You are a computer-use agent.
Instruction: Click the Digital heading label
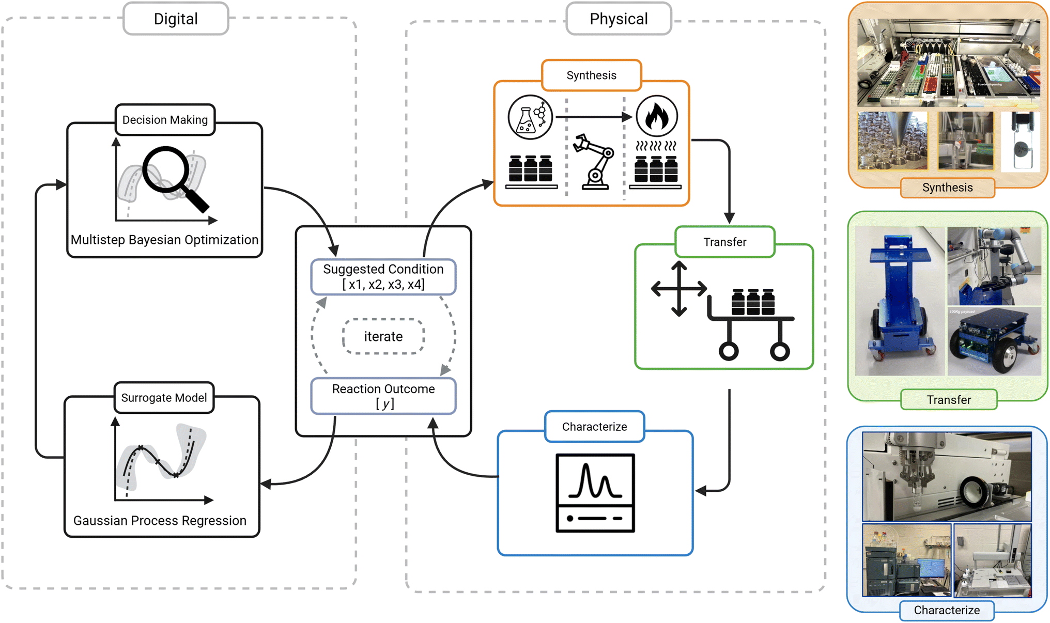tap(176, 19)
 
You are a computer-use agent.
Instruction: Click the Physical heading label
tap(619, 19)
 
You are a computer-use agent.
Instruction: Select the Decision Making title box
tap(165, 120)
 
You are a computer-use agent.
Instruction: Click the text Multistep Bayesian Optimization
tap(164, 240)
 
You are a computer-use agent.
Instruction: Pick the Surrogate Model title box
tap(164, 398)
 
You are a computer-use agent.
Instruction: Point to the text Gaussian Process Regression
tap(160, 520)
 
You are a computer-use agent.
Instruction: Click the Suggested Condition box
tap(383, 276)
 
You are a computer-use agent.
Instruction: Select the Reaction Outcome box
tap(383, 396)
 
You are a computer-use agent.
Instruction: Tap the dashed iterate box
tap(383, 336)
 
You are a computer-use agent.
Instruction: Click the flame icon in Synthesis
tap(656, 117)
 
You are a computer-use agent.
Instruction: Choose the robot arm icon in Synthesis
tap(595, 161)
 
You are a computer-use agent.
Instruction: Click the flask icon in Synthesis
tap(530, 117)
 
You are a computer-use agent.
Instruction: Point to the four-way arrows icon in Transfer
tap(678, 288)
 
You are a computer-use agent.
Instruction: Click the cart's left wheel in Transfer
tap(729, 351)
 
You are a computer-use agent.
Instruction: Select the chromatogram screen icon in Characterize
tap(595, 492)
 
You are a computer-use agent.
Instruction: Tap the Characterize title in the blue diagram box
tap(594, 427)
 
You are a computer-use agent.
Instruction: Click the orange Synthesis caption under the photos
tap(947, 188)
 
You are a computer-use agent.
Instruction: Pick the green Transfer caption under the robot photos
tap(948, 400)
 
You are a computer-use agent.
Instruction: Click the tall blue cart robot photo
tap(899, 301)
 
